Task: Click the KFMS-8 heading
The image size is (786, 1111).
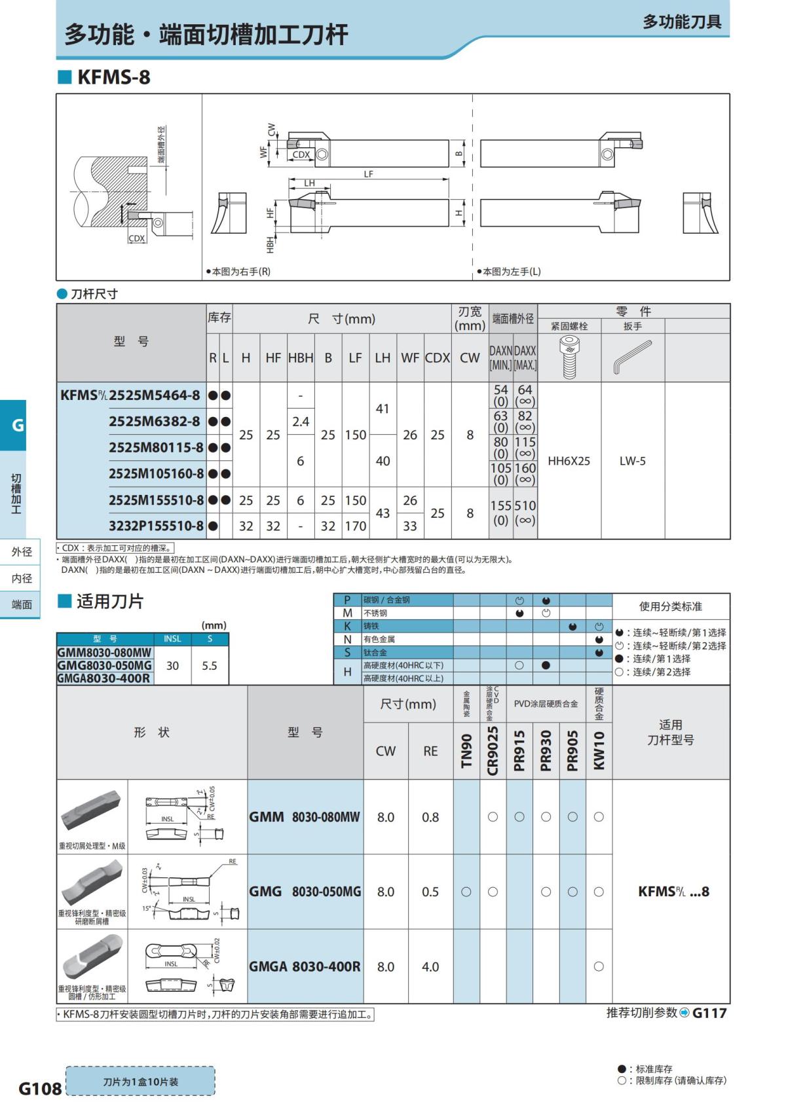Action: [113, 77]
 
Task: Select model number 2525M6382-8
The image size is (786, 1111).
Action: [155, 422]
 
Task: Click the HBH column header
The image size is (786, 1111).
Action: [301, 357]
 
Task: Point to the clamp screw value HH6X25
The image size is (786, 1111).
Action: [569, 461]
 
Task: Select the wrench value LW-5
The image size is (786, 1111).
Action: [632, 461]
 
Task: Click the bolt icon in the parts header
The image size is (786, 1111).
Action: [569, 357]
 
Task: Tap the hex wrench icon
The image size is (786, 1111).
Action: [632, 357]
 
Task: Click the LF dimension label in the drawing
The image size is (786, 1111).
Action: [369, 174]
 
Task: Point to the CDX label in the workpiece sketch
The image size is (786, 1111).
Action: [137, 238]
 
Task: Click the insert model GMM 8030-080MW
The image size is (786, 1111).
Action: [305, 817]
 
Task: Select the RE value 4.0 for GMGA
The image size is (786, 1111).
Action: [430, 966]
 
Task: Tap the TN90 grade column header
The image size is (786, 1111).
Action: [466, 750]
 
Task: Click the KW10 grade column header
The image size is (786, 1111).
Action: [599, 750]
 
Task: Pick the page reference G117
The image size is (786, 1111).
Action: [709, 1013]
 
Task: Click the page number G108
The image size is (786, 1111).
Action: [40, 1089]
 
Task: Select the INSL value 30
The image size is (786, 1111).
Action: [172, 666]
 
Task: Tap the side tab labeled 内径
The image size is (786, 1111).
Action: [22, 578]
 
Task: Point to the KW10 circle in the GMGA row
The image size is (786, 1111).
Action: [599, 966]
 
